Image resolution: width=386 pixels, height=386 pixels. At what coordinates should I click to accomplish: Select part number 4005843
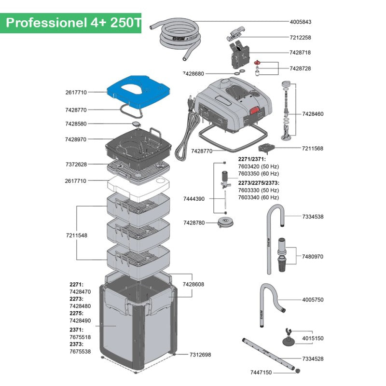pos(300,22)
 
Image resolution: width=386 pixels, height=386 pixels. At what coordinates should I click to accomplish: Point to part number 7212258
pos(300,37)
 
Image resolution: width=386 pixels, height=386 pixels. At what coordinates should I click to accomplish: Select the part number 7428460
pos(313,114)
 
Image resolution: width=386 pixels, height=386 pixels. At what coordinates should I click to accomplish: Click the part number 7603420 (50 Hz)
pos(259,166)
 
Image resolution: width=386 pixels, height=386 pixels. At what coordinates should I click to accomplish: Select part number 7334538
pos(313,217)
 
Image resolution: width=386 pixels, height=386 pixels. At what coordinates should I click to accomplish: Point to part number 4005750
pos(313,300)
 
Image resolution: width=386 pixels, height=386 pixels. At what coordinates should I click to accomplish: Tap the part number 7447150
pos(261,372)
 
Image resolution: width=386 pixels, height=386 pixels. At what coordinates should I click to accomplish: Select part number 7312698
pos(200,355)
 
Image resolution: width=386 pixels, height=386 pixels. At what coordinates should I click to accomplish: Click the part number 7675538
pos(80,352)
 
